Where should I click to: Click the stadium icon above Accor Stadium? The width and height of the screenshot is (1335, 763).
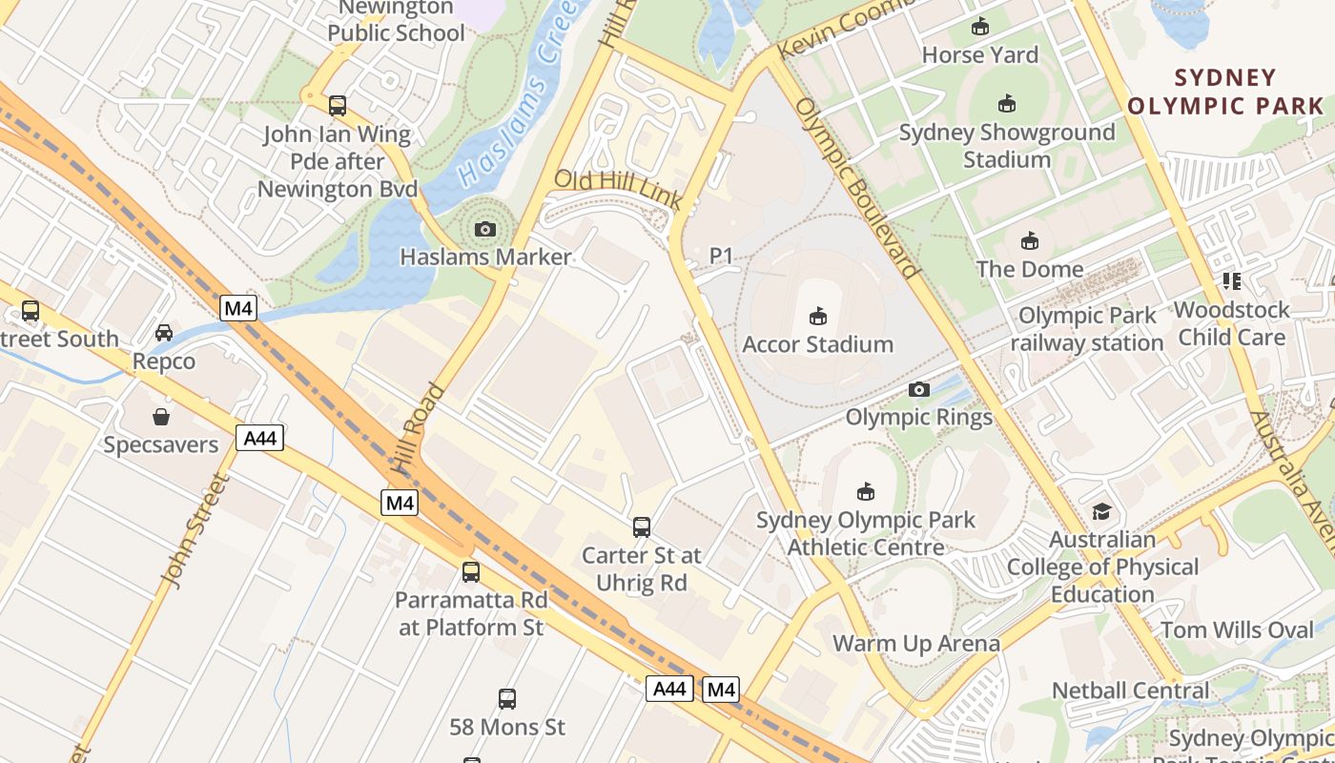[x=817, y=316]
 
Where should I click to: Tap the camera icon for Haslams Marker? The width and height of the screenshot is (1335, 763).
[x=485, y=229]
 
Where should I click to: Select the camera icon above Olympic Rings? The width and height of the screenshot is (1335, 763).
[x=919, y=389]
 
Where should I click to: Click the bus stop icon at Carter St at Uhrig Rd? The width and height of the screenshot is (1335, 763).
[x=642, y=526]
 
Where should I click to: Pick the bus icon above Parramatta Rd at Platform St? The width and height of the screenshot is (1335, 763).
[x=471, y=572]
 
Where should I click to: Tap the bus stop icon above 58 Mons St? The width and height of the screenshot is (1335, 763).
[x=507, y=699]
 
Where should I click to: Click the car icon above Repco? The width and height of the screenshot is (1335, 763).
[x=164, y=333]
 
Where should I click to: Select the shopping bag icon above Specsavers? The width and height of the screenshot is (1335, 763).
[x=161, y=417]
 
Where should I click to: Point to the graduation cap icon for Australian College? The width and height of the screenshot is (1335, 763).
[x=1102, y=512]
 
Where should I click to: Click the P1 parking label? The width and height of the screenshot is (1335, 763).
[x=721, y=256]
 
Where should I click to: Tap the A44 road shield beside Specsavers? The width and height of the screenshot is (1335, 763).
[x=259, y=439]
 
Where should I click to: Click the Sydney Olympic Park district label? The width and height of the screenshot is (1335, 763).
[x=1225, y=92]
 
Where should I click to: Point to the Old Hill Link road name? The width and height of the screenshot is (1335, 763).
[x=618, y=189]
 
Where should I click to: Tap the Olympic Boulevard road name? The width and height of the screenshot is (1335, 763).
[x=856, y=187]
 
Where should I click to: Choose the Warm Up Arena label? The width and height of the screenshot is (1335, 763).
[x=916, y=644]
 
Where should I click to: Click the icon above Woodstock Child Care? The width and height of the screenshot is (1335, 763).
[x=1231, y=281]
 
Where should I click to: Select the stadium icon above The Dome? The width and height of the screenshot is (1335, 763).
[x=1030, y=241]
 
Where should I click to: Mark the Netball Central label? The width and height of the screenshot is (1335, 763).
[x=1130, y=691]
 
